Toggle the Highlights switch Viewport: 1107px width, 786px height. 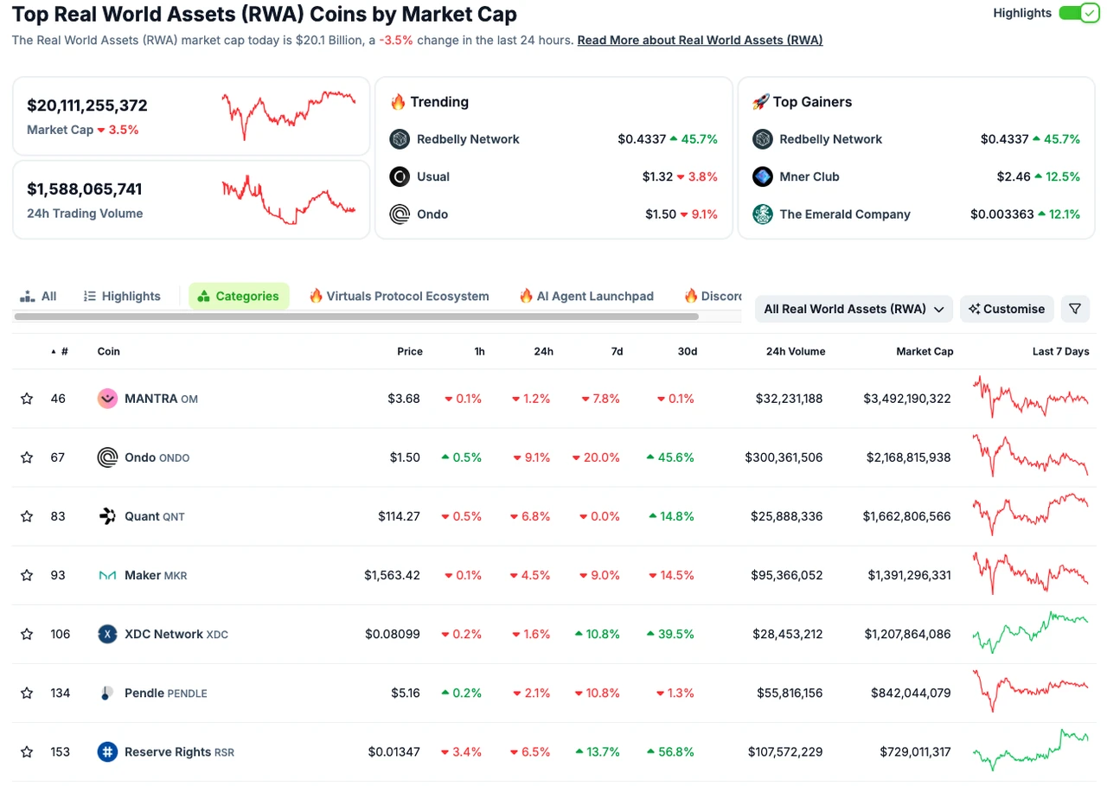(x=1078, y=14)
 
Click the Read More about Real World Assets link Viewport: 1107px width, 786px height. (x=700, y=41)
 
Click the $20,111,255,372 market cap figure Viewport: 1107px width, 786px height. (x=87, y=105)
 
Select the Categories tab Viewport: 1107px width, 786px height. (x=239, y=296)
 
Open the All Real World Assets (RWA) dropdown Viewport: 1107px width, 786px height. (x=854, y=309)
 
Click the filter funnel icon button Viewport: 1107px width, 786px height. (x=1074, y=309)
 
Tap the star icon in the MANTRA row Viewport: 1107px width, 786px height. (x=27, y=399)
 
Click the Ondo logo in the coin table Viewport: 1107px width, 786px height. (x=107, y=457)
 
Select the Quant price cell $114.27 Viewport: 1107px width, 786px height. (x=399, y=516)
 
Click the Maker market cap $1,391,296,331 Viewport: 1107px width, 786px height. (x=906, y=575)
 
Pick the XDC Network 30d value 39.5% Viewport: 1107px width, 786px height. (x=670, y=634)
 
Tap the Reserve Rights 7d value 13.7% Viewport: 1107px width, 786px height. (x=598, y=751)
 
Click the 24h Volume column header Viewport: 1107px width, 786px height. (x=795, y=351)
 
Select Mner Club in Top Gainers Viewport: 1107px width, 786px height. (x=809, y=176)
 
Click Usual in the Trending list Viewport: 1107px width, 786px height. (x=432, y=176)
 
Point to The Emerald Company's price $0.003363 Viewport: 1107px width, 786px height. (x=1001, y=214)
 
